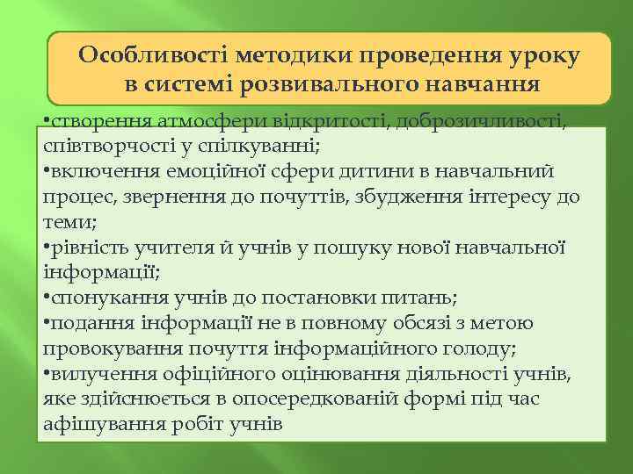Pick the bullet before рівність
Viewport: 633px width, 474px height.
(x=46, y=248)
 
